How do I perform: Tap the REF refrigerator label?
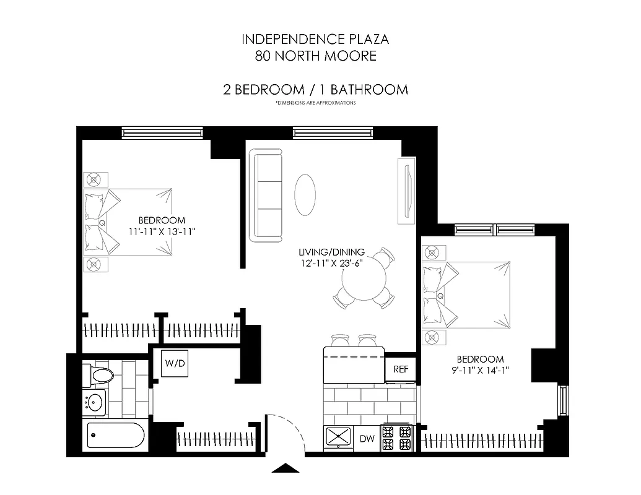(401, 369)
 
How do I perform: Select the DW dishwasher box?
(367, 439)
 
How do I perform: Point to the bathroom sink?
(94, 402)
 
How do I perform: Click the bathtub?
(116, 435)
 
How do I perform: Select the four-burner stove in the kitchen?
(396, 437)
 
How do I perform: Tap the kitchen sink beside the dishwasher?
(338, 437)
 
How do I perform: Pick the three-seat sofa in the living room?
(266, 195)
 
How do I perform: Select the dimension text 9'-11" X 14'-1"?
(480, 371)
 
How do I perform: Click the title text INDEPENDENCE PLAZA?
(315, 40)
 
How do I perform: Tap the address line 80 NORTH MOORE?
(315, 56)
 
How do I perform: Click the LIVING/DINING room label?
(331, 252)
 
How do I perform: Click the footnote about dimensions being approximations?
(315, 103)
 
